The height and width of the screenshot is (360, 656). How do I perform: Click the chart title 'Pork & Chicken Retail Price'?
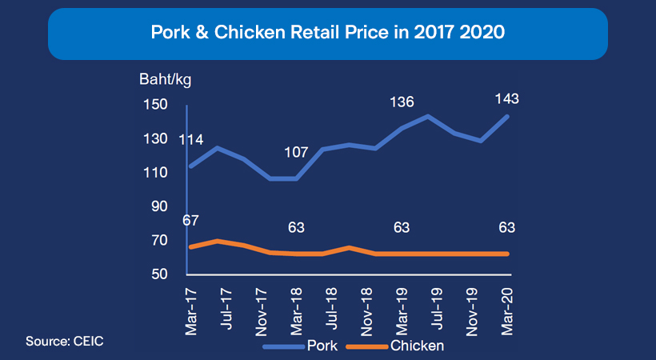(328, 34)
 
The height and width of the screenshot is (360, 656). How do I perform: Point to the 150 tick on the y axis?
(156, 105)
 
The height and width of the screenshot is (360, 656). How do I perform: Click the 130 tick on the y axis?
(156, 138)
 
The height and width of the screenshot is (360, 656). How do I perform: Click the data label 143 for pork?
(507, 99)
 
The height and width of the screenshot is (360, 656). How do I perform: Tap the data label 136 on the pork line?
(402, 102)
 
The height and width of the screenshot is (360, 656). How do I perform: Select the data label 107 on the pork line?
(296, 152)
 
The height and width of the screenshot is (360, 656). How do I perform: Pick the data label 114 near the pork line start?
(190, 140)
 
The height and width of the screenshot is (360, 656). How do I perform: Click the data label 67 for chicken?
(190, 221)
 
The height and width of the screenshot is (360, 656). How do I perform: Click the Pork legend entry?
(315, 346)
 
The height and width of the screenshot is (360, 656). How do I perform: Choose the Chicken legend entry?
(417, 346)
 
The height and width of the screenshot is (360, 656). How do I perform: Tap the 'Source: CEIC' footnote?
(65, 342)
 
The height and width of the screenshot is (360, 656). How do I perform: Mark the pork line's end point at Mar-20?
(507, 116)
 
